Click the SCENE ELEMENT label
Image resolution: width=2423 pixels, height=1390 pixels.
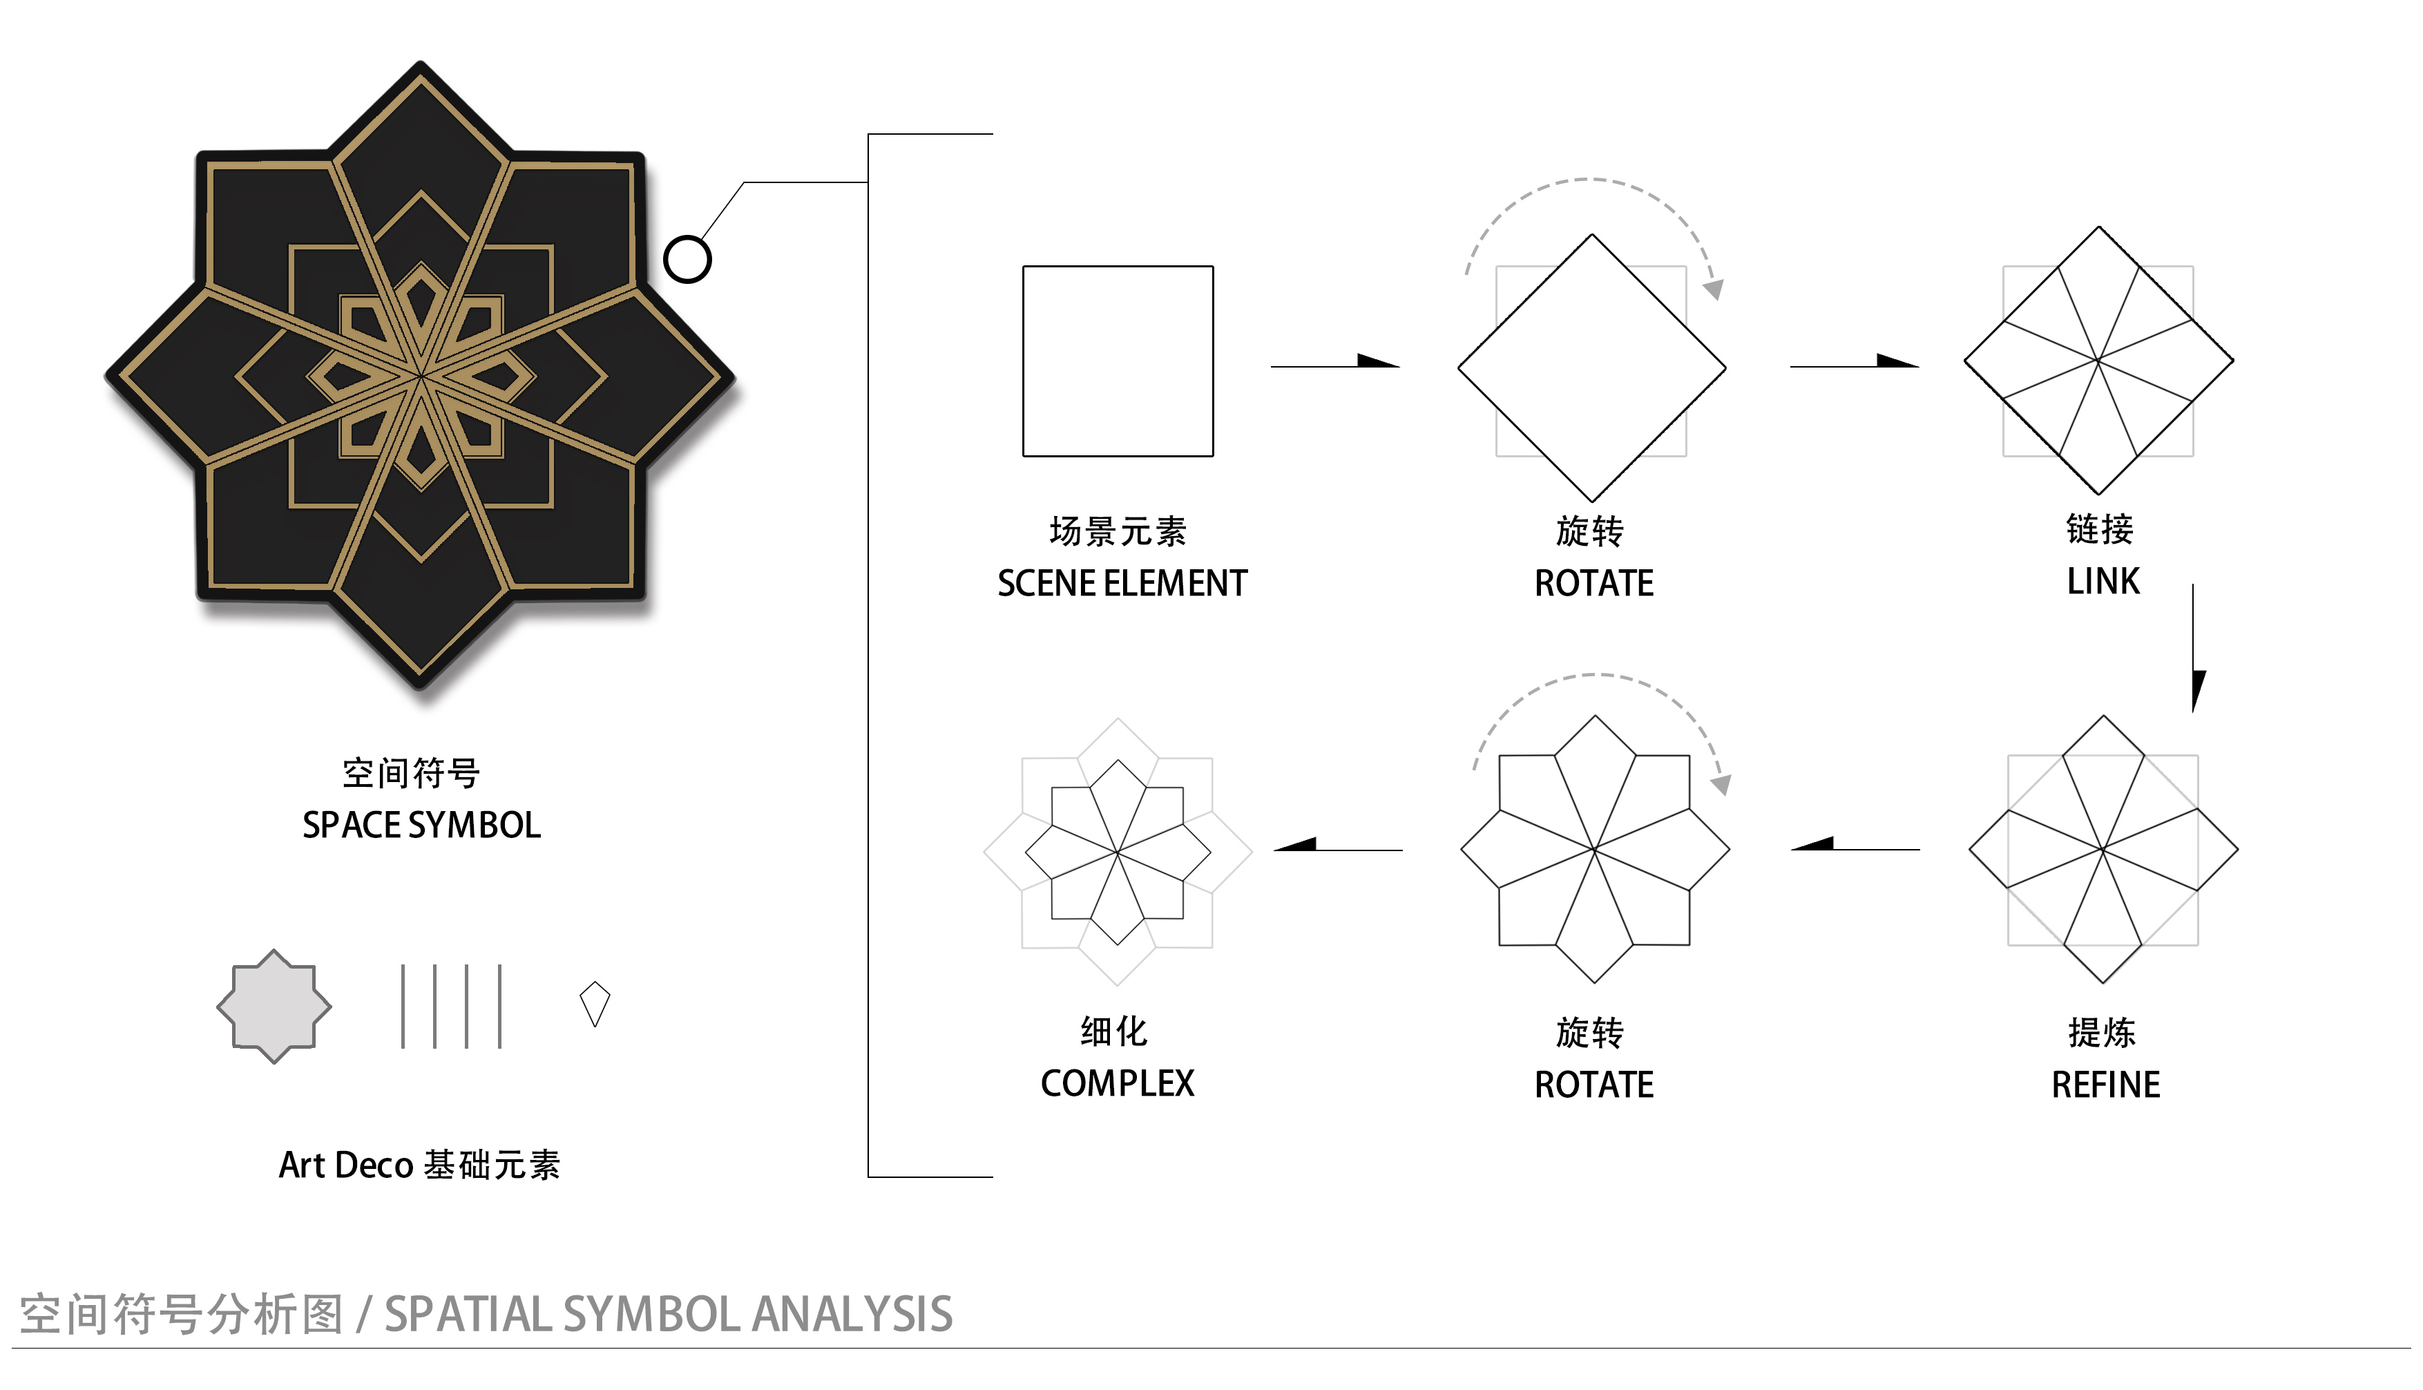coord(1121,582)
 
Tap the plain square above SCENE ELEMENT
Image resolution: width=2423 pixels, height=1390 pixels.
coord(1118,361)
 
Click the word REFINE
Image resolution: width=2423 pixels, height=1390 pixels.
coord(2105,1085)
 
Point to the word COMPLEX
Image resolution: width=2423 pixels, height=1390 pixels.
coord(1117,1083)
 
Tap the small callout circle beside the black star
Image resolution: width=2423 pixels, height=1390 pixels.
coord(687,258)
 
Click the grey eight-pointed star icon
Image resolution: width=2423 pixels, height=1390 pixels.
coord(274,1006)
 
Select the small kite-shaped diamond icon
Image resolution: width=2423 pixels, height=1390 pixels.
coord(595,1003)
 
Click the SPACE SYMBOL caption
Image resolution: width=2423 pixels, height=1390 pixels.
coord(421,825)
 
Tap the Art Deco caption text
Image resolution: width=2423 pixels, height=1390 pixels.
coord(419,1165)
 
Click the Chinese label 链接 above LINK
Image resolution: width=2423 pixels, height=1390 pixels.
coord(2100,529)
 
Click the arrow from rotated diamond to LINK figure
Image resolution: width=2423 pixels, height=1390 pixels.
coord(1853,363)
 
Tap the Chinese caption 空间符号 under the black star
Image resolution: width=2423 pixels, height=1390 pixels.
coord(411,773)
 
